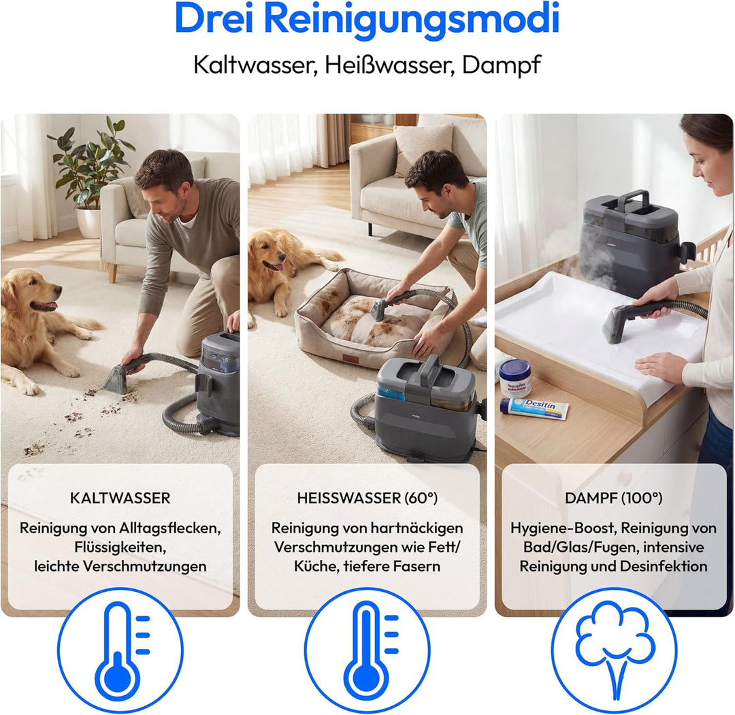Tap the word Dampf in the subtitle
502,65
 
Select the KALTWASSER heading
120,498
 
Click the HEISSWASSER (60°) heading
367,498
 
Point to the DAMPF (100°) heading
614,498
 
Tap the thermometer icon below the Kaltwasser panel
120,651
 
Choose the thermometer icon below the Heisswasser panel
367,651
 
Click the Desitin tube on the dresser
534,408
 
